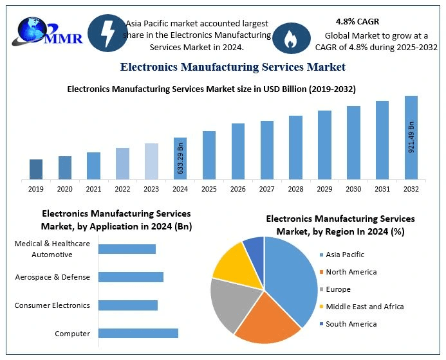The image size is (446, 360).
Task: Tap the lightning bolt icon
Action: pyautogui.click(x=107, y=34)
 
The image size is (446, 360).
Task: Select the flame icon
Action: pyautogui.click(x=292, y=38)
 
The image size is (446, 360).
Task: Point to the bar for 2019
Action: pyautogui.click(x=36, y=169)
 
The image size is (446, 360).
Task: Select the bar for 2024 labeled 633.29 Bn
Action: pyautogui.click(x=180, y=158)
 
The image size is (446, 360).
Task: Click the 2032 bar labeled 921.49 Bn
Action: pyautogui.click(x=411, y=138)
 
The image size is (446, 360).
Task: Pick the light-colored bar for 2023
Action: pyautogui.click(x=151, y=161)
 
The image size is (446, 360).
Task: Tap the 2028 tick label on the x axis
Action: pyautogui.click(x=295, y=189)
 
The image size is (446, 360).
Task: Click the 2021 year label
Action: pyautogui.click(x=93, y=189)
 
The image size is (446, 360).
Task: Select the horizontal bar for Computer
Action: pyautogui.click(x=138, y=333)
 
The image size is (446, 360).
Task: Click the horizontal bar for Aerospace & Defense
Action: pyautogui.click(x=131, y=277)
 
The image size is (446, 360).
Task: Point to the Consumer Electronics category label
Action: pyautogui.click(x=53, y=305)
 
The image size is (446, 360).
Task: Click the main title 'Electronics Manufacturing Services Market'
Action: pyautogui.click(x=232, y=67)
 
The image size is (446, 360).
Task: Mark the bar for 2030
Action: pyautogui.click(x=353, y=143)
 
